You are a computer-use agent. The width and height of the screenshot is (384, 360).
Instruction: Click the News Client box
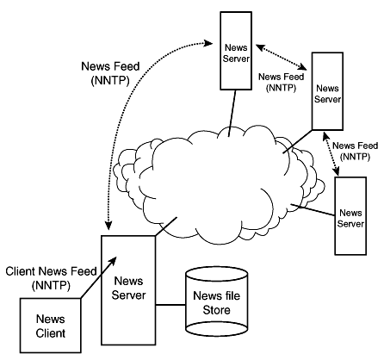point(51,326)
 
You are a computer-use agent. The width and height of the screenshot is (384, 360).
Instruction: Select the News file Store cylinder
point(217,301)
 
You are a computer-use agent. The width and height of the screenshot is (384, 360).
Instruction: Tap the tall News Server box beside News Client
point(128,290)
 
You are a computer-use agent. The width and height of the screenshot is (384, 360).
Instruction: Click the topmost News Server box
point(236,51)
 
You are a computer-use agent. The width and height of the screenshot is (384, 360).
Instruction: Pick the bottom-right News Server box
point(350,216)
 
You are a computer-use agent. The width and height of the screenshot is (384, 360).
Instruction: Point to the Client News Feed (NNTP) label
point(51,278)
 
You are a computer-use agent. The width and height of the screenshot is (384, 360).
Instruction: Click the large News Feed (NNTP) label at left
point(110,73)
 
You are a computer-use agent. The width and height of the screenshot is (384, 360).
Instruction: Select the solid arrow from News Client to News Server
point(98,277)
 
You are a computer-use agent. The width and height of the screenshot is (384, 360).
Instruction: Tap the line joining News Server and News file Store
point(170,305)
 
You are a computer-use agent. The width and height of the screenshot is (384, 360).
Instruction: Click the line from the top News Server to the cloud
point(232,113)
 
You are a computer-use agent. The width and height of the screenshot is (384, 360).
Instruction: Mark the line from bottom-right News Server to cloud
point(313,210)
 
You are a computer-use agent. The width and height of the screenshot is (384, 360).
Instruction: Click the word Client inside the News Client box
point(51,333)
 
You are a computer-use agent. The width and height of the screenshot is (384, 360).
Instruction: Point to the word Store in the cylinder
point(217,310)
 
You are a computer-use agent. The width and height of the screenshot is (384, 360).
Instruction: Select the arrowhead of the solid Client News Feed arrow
point(113,261)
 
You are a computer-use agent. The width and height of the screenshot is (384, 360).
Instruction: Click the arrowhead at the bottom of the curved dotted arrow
point(108,226)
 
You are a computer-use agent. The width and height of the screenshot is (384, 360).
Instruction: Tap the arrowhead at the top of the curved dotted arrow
point(207,43)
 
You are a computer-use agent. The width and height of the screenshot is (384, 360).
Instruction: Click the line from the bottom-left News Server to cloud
point(166,227)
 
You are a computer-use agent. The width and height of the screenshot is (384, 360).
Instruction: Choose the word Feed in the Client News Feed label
point(84,271)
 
